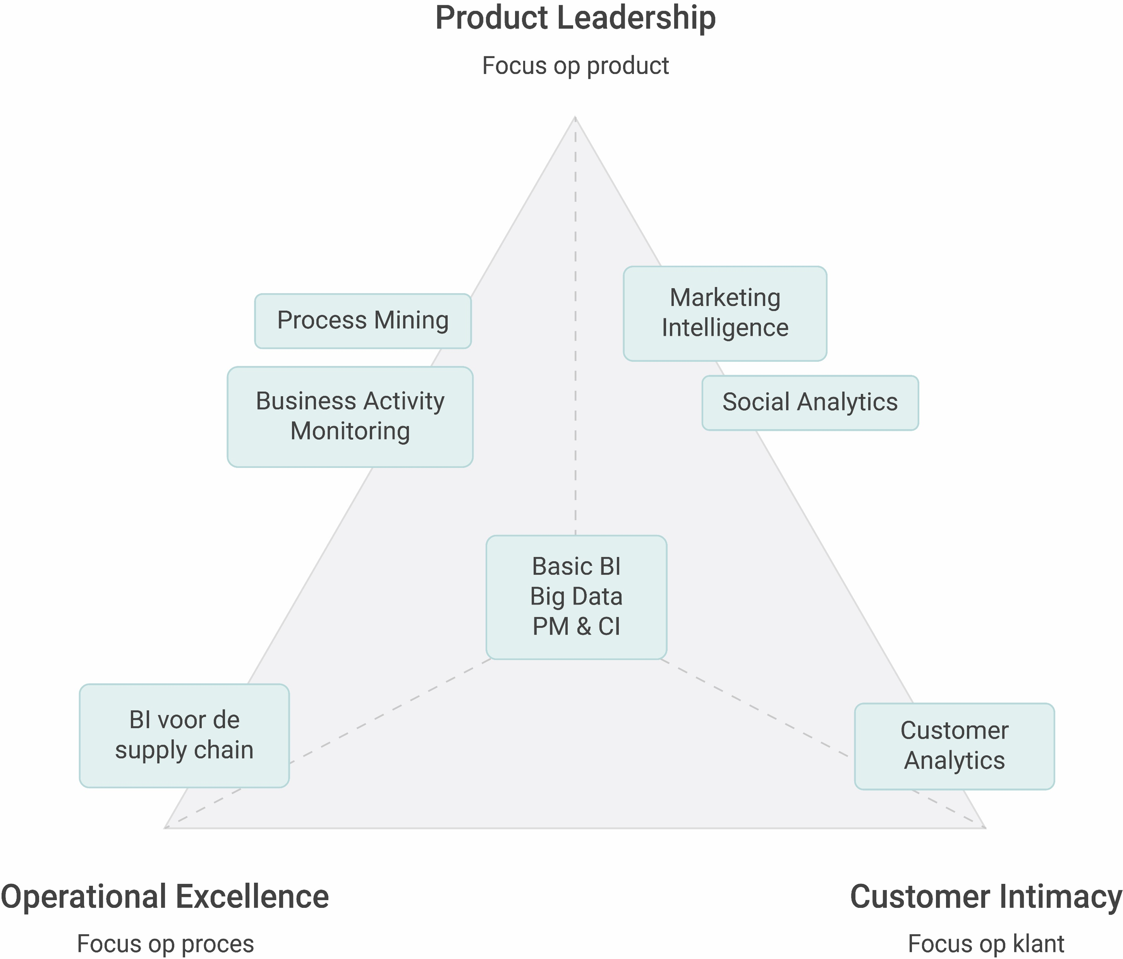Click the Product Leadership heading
point(575,18)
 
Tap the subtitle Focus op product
point(575,66)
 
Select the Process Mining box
point(362,320)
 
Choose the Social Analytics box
point(810,402)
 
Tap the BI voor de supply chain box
point(184,735)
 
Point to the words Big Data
point(576,597)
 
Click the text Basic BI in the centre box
point(576,566)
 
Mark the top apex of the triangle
point(575,117)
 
